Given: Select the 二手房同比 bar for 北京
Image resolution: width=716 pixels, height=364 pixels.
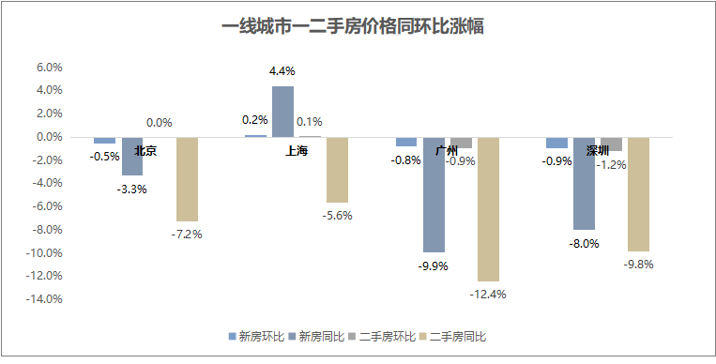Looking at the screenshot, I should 187,178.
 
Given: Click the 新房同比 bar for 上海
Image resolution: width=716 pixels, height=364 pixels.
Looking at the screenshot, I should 282,112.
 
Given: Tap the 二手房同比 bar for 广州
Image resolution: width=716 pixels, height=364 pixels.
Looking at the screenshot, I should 488,208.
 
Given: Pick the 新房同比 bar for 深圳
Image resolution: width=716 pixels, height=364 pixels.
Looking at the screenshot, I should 585,183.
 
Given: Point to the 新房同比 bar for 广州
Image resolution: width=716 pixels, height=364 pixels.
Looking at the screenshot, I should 434,194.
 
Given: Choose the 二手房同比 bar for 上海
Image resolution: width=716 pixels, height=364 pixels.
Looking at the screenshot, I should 337,170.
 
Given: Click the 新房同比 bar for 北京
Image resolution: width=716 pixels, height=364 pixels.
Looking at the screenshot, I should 132,156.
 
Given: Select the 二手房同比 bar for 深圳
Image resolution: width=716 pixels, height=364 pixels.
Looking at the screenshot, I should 639,194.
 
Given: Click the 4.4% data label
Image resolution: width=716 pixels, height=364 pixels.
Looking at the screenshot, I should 282,71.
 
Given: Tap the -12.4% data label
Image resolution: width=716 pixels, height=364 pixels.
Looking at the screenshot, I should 488,294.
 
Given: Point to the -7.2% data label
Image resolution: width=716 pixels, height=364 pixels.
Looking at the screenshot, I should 187,234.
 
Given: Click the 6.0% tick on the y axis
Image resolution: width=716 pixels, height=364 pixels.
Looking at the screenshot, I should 49,68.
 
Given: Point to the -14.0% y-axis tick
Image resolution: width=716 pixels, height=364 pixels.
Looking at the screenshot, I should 45,299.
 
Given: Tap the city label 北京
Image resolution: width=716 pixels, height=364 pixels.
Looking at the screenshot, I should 145,150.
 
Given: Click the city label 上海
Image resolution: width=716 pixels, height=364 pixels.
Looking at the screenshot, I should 296,150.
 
